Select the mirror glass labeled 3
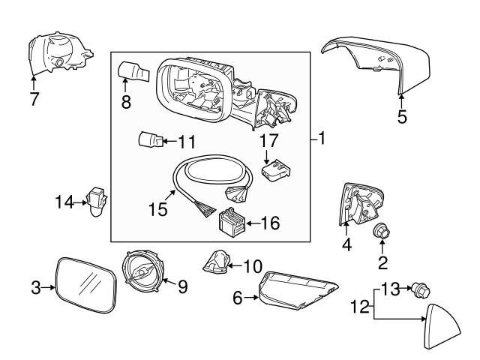(86, 286)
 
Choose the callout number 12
(360, 307)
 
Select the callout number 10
(252, 265)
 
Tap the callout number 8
(126, 103)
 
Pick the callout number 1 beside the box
(321, 139)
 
